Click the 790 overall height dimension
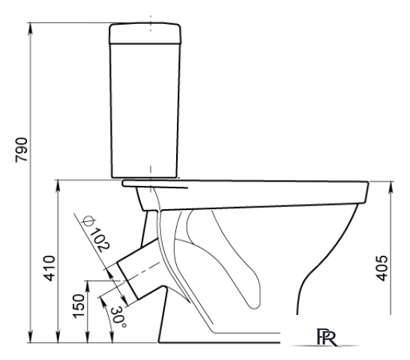pos(21,150)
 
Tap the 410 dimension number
pos(49,268)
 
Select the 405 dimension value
pos(382,268)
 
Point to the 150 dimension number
pos(79,306)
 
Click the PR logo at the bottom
pos(327,337)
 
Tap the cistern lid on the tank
pos(145,34)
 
